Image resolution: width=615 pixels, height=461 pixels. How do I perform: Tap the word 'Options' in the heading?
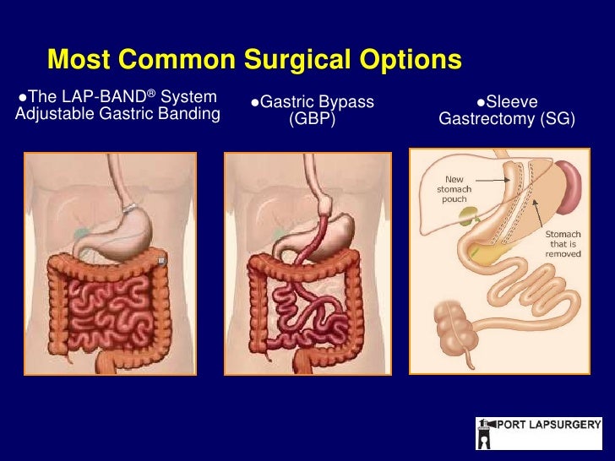click(x=412, y=60)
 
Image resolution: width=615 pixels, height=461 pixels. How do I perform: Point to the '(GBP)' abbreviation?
click(x=312, y=119)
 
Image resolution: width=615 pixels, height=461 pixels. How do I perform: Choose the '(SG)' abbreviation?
click(x=557, y=119)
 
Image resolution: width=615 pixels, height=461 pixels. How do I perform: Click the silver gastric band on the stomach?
click(x=130, y=206)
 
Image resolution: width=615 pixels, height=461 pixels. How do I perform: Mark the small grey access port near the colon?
click(x=161, y=260)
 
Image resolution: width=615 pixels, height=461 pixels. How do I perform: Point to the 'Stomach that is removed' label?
click(x=561, y=243)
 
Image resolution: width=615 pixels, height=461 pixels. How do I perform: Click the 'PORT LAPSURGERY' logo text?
click(x=547, y=425)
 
